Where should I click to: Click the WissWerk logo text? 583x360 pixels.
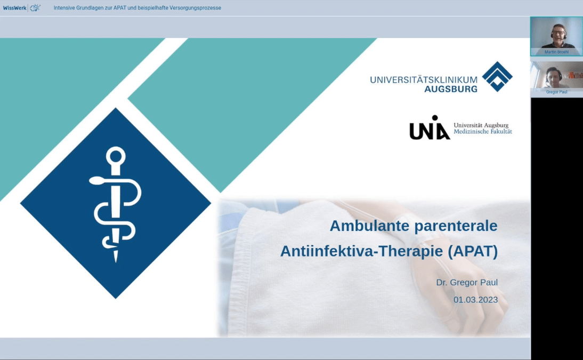[x=14, y=8]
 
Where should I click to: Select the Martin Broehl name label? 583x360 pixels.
[x=556, y=52]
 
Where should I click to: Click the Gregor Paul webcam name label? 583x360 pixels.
[x=556, y=92]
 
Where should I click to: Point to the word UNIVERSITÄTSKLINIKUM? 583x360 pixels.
[x=424, y=79]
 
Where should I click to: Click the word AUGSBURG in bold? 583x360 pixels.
[x=451, y=89]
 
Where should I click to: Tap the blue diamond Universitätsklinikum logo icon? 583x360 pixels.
[x=497, y=76]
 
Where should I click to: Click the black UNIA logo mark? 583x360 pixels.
[x=430, y=127]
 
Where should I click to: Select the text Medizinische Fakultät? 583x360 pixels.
[x=483, y=131]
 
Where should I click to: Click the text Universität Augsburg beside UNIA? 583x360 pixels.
[x=481, y=125]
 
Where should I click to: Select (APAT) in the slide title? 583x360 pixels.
[x=473, y=251]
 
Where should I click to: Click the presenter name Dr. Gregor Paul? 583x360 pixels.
[x=467, y=283]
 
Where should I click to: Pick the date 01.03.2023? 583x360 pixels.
[x=475, y=300]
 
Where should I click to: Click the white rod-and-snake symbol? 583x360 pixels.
[x=115, y=204]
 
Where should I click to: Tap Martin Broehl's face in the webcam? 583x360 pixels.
[x=558, y=34]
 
